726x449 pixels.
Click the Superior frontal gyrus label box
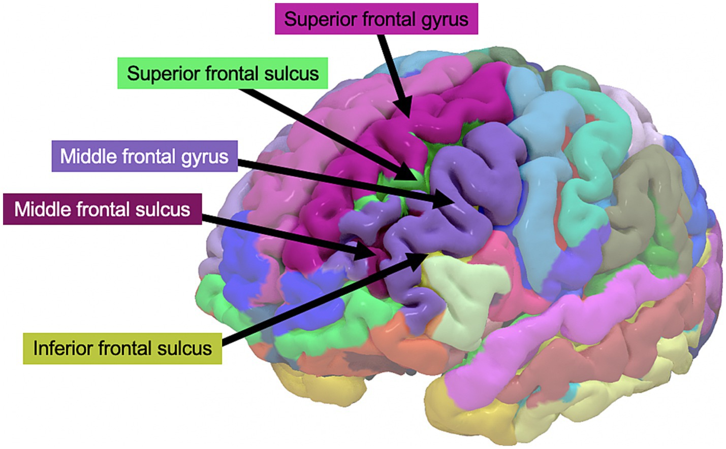376,19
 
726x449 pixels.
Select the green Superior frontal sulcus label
223,74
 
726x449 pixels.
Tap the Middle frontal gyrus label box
144,156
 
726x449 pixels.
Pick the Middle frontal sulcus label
102,209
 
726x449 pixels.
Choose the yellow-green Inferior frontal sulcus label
122,349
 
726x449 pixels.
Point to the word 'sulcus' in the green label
291,74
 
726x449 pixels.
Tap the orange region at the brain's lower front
401,337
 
